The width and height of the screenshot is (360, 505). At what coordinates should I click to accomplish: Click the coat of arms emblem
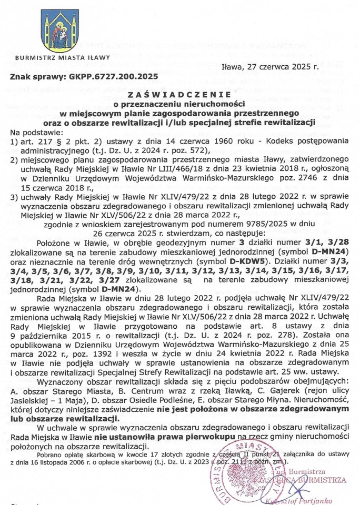point(60,32)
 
